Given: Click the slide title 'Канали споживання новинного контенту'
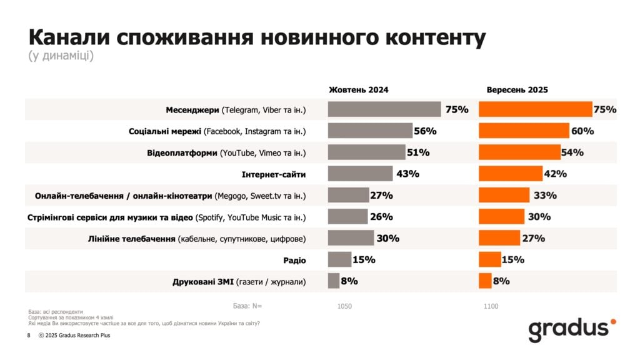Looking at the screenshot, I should click(257, 37).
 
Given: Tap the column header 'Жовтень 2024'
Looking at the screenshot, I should click(359, 90).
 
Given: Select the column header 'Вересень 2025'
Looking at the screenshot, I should click(517, 90).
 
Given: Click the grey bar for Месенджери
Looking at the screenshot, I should click(384, 110).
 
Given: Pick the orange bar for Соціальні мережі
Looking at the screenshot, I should click(524, 131).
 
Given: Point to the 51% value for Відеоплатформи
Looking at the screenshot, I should click(417, 152).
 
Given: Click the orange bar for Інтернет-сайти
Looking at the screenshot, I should click(511, 174).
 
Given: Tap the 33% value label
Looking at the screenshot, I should click(545, 196).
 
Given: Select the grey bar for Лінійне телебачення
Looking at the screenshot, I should click(351, 238).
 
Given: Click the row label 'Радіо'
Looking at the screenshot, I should click(295, 260).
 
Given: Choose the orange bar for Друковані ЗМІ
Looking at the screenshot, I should click(485, 281).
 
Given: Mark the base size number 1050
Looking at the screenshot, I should click(344, 307).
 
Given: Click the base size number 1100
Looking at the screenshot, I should click(491, 307).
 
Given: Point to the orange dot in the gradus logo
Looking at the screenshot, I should click(613, 322).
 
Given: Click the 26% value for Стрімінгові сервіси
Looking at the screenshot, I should click(381, 217).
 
